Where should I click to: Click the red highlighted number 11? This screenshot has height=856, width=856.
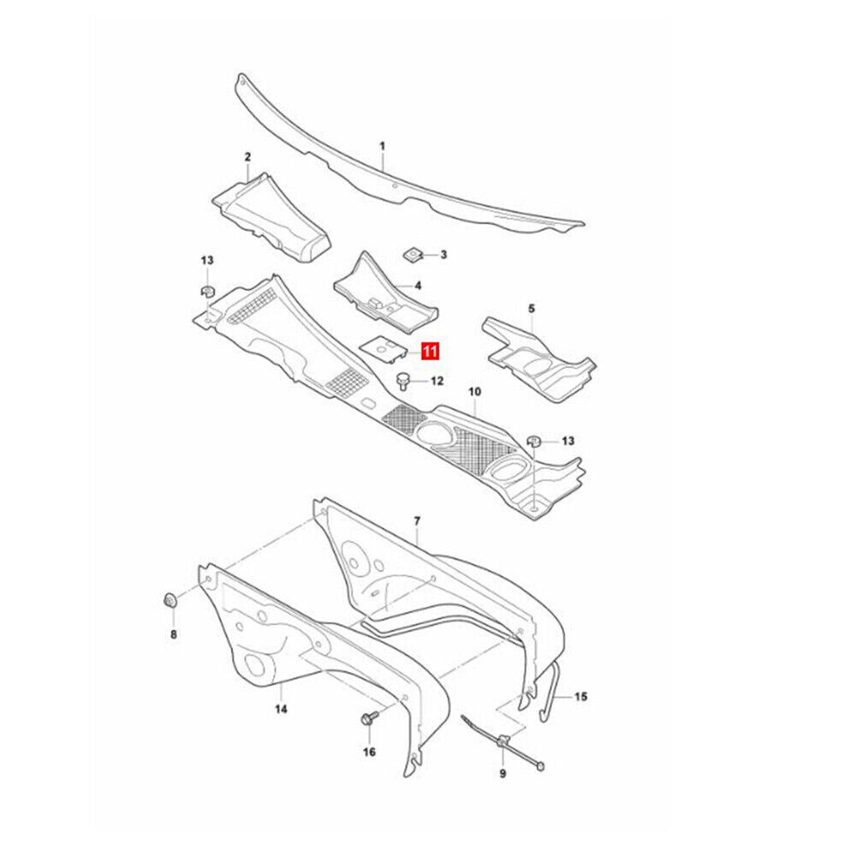pos(431,351)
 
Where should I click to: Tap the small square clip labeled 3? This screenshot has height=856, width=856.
pos(413,253)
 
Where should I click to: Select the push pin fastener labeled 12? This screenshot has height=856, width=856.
pos(403,381)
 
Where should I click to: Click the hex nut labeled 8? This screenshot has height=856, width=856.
pos(169,601)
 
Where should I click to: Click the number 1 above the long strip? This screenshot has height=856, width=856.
pos(382,146)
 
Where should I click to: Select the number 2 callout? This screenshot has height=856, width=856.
pos(247,158)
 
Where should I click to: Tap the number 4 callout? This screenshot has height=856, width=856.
pos(418,286)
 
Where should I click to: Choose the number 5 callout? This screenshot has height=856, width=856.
pos(532,308)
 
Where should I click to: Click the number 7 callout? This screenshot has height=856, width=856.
pos(417,521)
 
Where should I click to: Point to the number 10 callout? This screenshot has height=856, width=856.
pos(474,391)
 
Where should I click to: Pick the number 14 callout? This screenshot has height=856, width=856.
pos(281,709)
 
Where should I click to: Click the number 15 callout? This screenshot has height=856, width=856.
pos(580,697)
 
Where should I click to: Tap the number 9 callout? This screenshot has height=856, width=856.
pos(502,774)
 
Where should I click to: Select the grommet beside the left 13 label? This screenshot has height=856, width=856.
pos(207,292)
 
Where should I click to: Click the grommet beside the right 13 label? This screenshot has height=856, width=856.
pos(533,440)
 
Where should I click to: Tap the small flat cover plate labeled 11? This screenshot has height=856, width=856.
pos(383,350)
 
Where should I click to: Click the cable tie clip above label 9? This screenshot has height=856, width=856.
pos(502,740)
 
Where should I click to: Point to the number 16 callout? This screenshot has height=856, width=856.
pos(369,752)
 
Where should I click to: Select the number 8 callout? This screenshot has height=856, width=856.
pos(174,634)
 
